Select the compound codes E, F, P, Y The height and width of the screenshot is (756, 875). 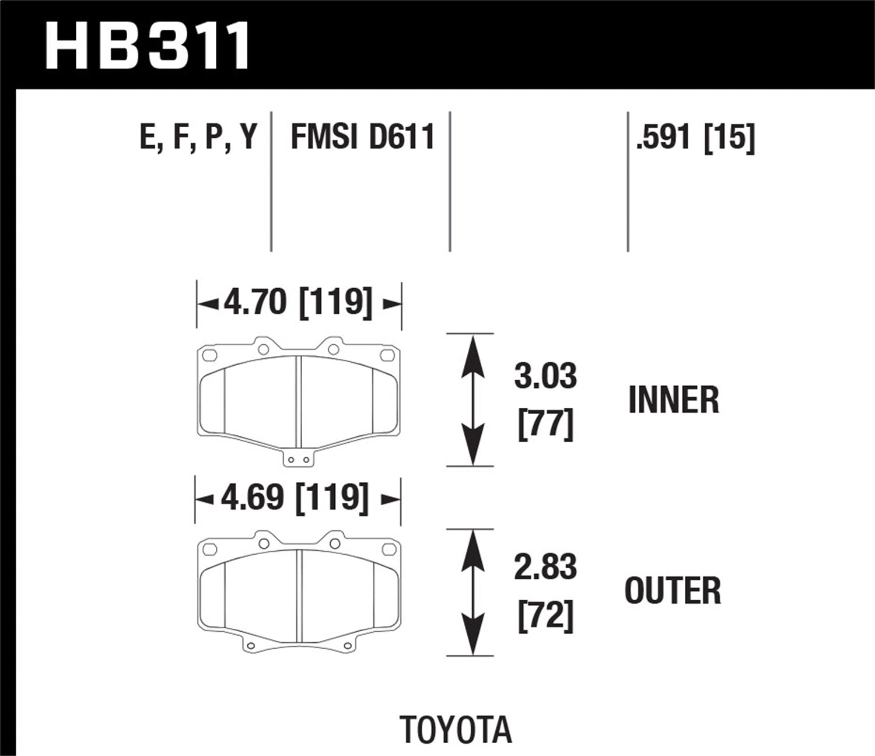198,138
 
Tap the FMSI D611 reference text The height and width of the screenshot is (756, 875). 362,138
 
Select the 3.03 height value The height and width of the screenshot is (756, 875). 545,376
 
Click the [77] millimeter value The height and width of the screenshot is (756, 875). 545,425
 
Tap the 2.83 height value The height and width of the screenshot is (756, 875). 545,568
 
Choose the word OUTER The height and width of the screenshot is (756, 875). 673,590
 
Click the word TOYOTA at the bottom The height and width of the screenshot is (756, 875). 456,730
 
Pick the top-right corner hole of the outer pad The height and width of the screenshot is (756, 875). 387,549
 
